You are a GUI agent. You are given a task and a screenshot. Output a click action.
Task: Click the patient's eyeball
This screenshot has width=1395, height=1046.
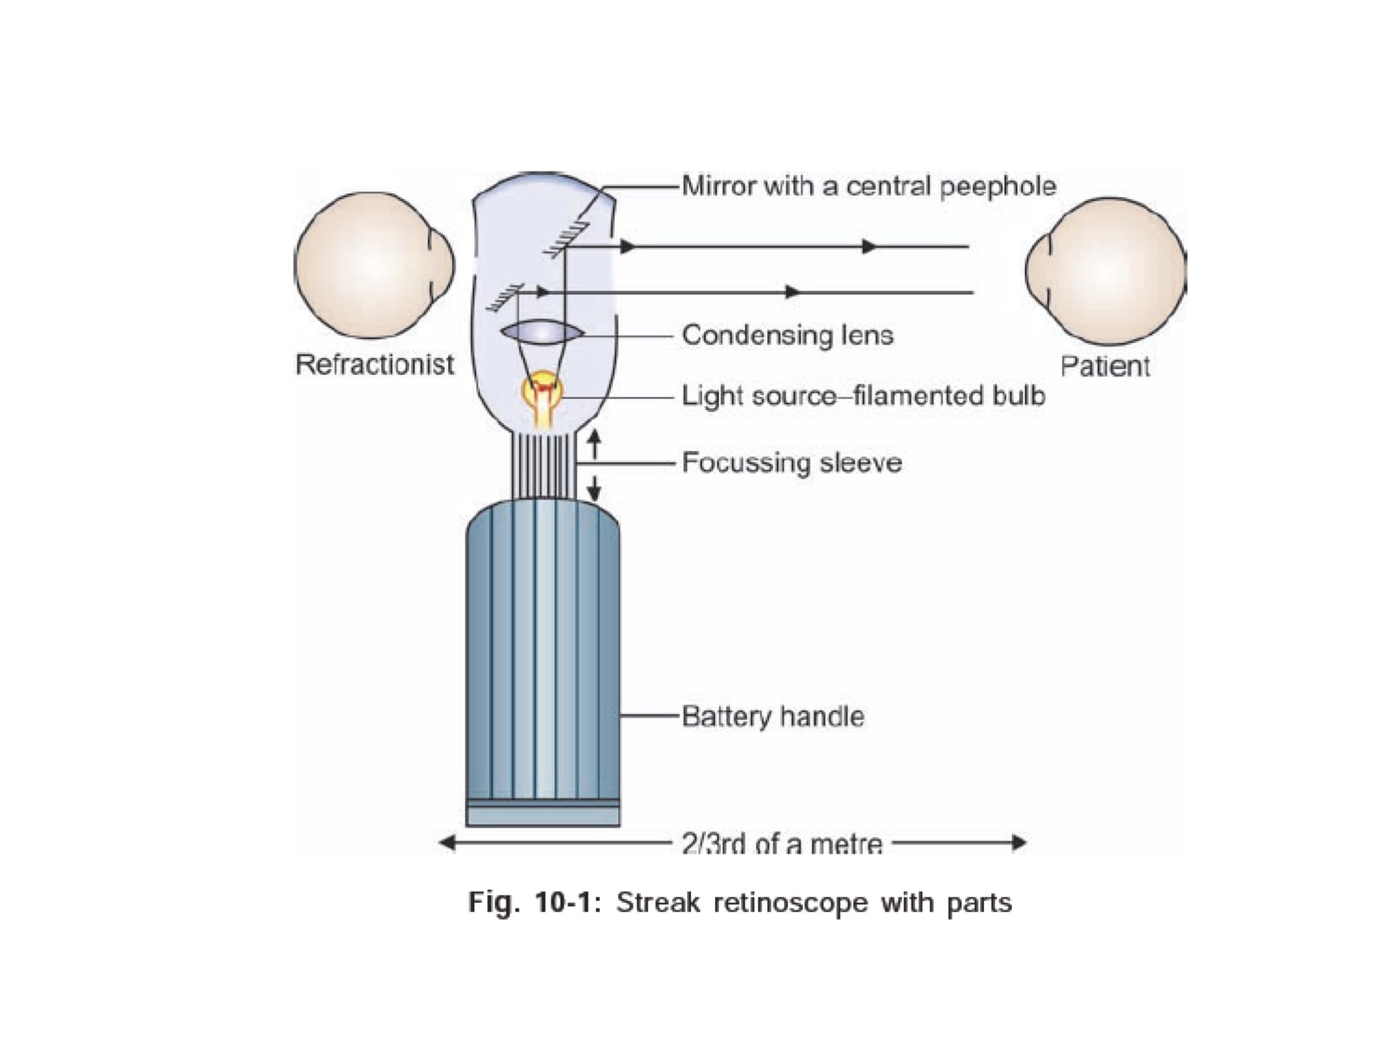pyautogui.click(x=1107, y=271)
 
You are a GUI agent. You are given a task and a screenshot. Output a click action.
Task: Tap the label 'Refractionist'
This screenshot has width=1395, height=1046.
pyautogui.click(x=374, y=364)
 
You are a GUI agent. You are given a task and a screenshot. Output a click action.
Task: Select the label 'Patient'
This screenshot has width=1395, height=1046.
pyautogui.click(x=1105, y=366)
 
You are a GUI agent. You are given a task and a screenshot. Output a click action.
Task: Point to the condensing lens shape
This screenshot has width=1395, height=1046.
pyautogui.click(x=542, y=332)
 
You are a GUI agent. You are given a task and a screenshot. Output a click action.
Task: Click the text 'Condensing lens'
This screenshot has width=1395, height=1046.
pyautogui.click(x=787, y=335)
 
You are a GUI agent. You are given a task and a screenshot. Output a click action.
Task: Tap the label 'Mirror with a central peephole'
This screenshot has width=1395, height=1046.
pyautogui.click(x=869, y=186)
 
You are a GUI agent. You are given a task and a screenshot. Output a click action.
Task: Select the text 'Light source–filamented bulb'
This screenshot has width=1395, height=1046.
pyautogui.click(x=863, y=396)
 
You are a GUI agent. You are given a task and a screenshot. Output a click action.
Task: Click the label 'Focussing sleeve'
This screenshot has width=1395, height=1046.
pyautogui.click(x=791, y=462)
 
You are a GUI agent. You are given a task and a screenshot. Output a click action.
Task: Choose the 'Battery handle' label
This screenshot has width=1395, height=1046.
pyautogui.click(x=773, y=716)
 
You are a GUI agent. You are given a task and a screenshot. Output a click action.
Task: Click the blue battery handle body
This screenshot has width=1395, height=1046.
pyautogui.click(x=543, y=651)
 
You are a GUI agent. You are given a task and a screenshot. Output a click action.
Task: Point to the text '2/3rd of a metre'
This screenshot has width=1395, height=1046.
pyautogui.click(x=781, y=843)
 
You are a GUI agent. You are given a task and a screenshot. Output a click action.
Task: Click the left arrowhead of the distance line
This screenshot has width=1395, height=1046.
pyautogui.click(x=447, y=843)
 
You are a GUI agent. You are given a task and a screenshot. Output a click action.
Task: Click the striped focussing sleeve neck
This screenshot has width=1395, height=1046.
pyautogui.click(x=542, y=465)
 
